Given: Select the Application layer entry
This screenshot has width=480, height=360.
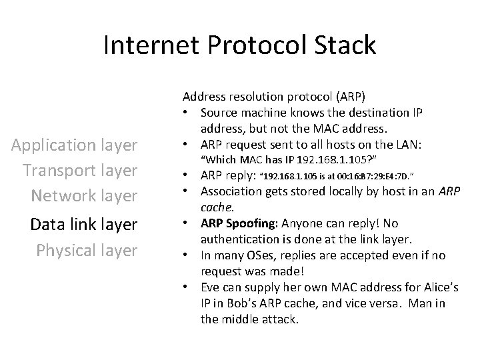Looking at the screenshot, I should (79, 145).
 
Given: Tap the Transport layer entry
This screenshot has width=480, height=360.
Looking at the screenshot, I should (80, 170).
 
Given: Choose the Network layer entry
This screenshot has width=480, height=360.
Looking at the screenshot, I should (83, 196).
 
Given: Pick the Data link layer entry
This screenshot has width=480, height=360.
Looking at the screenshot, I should (84, 225).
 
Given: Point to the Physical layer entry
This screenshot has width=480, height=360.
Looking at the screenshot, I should (87, 250).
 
